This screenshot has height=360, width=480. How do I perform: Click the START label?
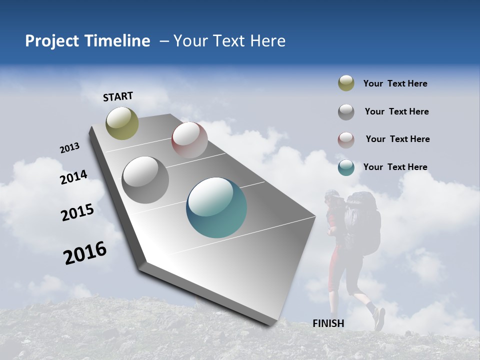coord(118,96)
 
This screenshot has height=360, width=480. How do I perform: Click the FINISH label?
coord(328,323)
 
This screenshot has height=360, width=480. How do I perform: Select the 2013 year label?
coord(69,148)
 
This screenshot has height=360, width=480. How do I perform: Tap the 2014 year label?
coord(73,177)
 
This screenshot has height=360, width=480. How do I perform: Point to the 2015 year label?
coord(77,212)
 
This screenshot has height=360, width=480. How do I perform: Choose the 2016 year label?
coord(85,253)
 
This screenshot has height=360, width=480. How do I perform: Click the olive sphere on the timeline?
coord(122,123)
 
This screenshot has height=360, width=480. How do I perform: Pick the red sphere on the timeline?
coord(189,139)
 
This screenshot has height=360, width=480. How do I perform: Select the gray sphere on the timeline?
coord(145,179)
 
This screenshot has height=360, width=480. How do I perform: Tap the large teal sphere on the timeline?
coord(216,207)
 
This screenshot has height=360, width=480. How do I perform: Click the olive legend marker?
coord(346,83)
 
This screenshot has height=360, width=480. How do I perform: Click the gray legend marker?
coord(346,112)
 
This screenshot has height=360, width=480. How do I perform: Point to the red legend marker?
coord(346,139)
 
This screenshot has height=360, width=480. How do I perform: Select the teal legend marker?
coord(346,167)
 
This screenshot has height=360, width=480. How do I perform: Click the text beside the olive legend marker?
coord(395,83)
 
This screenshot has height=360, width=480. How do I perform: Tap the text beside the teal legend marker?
coord(395,167)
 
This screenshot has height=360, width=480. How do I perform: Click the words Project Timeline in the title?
coord(87,41)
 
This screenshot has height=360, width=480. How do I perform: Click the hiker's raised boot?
coord(379,318)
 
